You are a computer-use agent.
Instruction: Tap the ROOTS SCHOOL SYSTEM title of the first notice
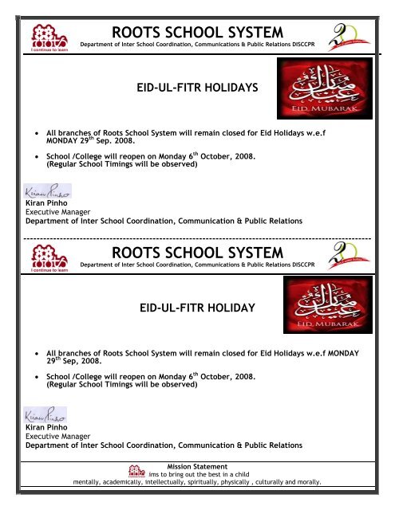point(198,32)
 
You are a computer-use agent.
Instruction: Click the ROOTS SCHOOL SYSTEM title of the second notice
point(198,253)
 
